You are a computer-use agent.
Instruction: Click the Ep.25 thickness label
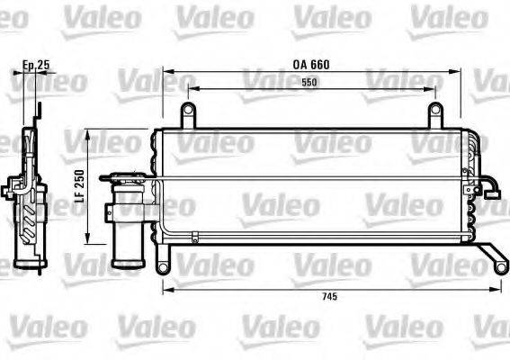(35, 65)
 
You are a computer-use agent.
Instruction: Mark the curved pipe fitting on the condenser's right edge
(491, 189)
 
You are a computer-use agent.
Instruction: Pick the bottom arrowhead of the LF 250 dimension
(87, 244)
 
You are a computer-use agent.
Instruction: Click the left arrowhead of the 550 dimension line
(188, 89)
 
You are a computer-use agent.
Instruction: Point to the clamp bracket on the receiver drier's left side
(107, 213)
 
